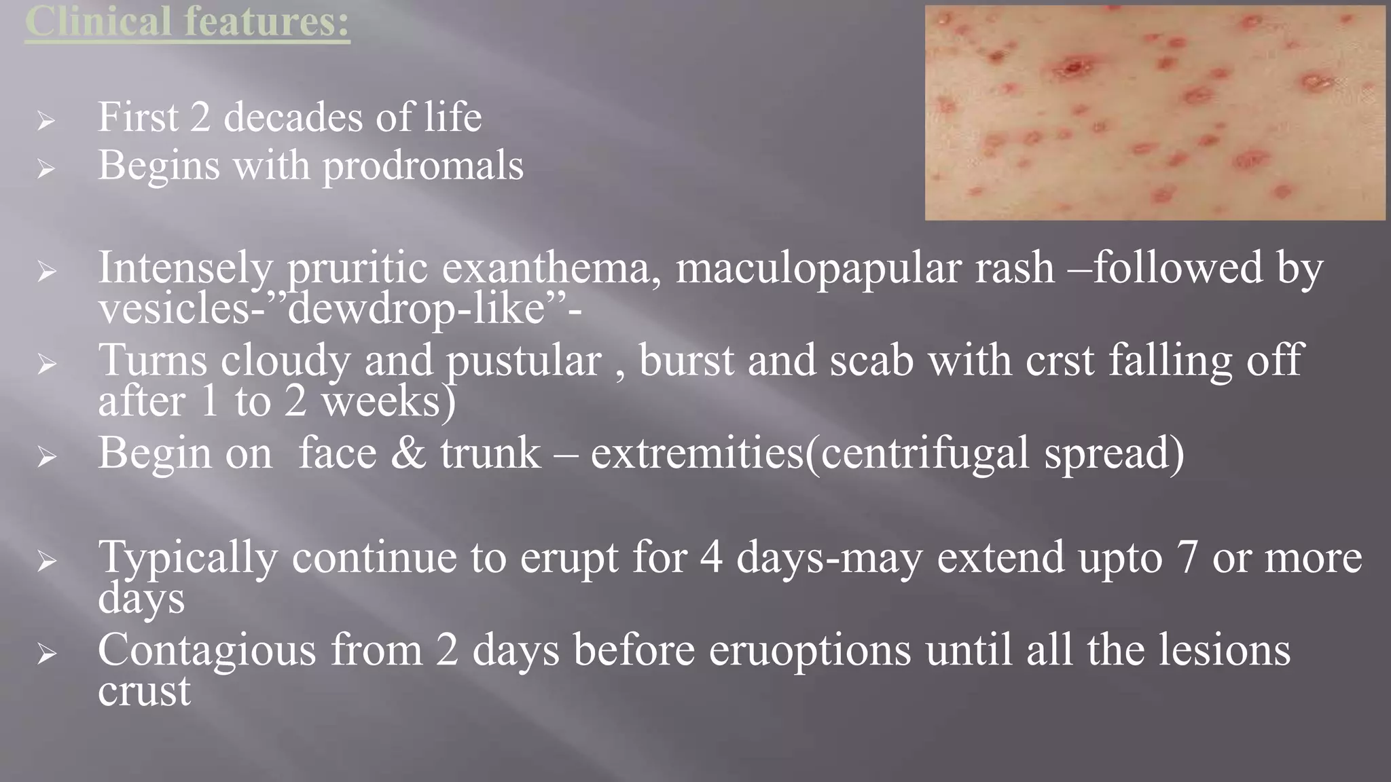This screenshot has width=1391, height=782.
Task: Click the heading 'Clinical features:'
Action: point(187,22)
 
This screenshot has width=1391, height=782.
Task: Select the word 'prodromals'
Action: point(422,166)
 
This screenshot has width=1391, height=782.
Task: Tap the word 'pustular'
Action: point(524,360)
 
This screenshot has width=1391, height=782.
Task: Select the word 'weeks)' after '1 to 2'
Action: point(389,401)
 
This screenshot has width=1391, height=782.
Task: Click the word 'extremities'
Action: point(697,453)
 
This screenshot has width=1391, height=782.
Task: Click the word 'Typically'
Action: point(187,558)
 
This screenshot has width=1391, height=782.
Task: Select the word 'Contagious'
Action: point(206,650)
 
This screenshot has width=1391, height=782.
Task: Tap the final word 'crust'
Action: point(144,692)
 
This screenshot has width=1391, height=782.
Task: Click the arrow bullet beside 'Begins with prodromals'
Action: point(46,168)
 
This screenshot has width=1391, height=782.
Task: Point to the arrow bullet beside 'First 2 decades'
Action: point(46,121)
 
